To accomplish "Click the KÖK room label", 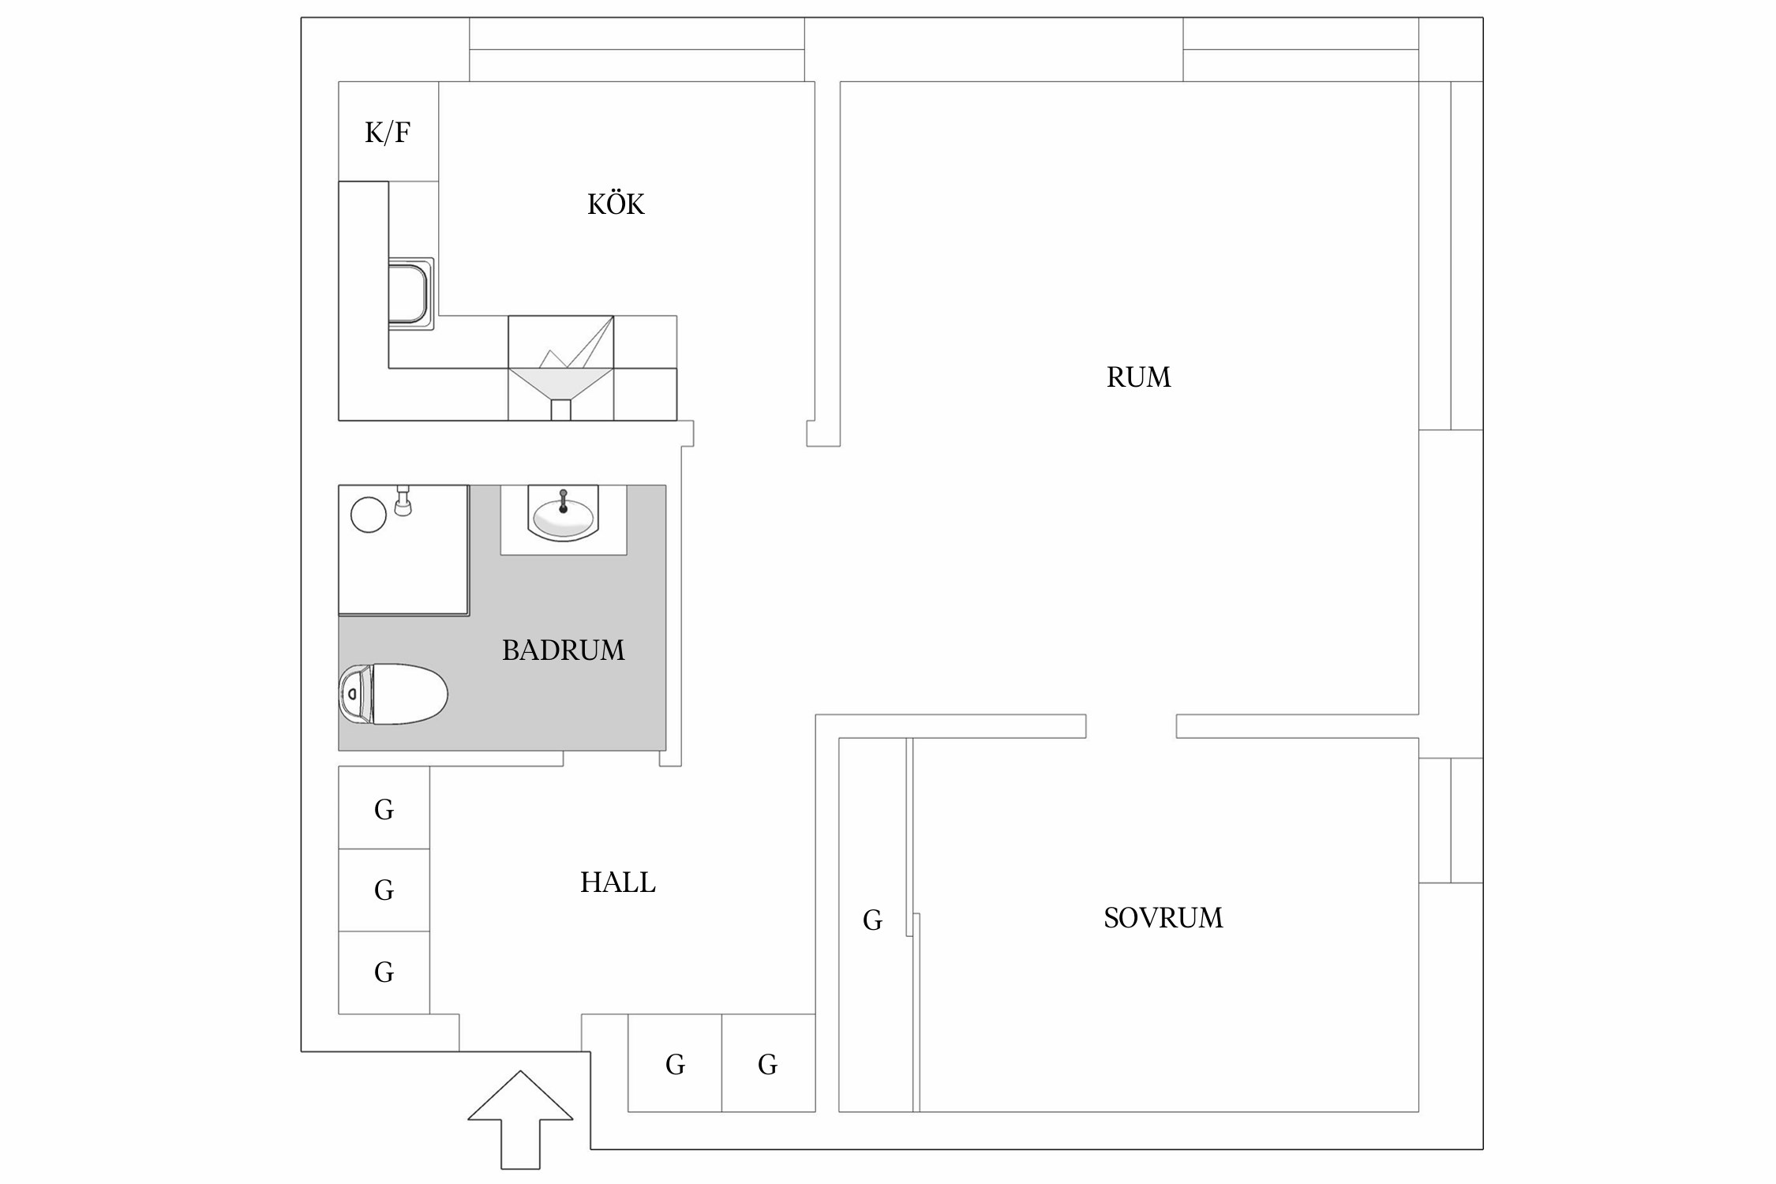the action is point(616,204).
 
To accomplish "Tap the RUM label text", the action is point(1138,377).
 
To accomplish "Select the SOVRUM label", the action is point(1163,918).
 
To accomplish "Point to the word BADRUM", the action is point(564,650).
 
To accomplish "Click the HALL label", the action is point(618,882).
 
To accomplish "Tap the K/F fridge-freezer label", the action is point(388,133).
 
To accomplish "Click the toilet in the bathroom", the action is point(393,695).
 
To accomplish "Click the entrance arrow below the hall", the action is point(520,1119).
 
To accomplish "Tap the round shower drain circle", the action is point(369,515).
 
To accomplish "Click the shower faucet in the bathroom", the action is point(403,500).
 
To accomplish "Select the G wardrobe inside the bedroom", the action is point(872,920).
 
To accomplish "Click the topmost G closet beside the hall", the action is point(384,808).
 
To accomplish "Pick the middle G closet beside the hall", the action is point(384,890).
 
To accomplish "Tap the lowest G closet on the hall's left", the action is point(384,972).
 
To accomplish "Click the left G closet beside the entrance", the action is point(675,1063).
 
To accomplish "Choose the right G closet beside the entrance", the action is point(768,1063).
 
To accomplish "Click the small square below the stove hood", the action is point(560,410).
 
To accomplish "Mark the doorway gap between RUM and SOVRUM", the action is point(1131,726).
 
